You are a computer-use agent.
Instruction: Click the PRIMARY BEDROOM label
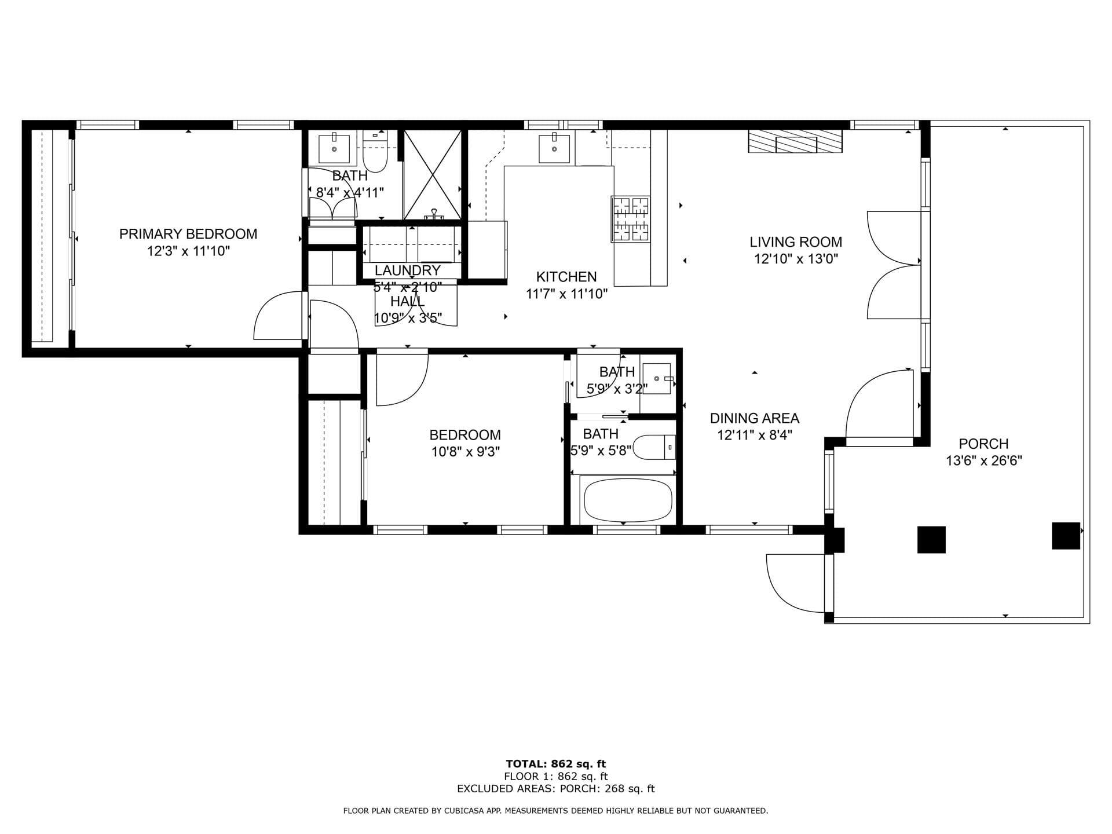pyautogui.click(x=188, y=234)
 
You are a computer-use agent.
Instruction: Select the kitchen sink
pyautogui.click(x=554, y=148)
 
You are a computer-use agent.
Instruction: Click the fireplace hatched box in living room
pyautogui.click(x=795, y=141)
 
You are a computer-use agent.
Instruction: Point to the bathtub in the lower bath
pyautogui.click(x=628, y=500)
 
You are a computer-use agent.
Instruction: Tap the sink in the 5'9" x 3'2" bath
pyautogui.click(x=657, y=379)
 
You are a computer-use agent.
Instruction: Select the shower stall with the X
pyautogui.click(x=432, y=174)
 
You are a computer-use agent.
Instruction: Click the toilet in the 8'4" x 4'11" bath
pyautogui.click(x=374, y=153)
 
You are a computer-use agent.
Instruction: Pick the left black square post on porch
pyautogui.click(x=931, y=539)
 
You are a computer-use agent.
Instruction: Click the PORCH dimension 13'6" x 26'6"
pyautogui.click(x=983, y=461)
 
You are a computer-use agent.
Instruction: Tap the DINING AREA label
pyautogui.click(x=754, y=418)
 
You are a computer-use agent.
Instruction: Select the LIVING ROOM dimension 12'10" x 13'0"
pyautogui.click(x=796, y=259)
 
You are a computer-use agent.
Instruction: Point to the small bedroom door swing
pyautogui.click(x=401, y=379)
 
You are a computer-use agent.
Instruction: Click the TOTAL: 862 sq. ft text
pyautogui.click(x=555, y=764)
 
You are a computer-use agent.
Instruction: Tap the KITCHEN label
pyautogui.click(x=566, y=277)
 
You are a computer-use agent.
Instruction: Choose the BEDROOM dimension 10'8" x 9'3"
pyautogui.click(x=465, y=452)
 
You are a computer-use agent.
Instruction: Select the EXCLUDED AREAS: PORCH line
pyautogui.click(x=555, y=789)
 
